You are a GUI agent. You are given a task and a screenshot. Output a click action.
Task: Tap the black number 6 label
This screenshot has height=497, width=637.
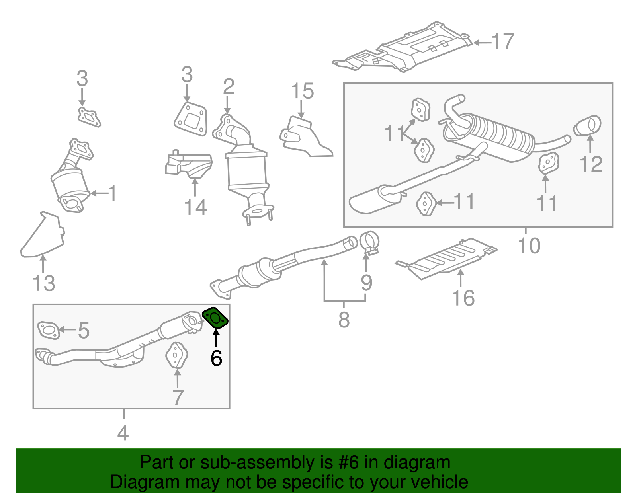pyautogui.click(x=216, y=358)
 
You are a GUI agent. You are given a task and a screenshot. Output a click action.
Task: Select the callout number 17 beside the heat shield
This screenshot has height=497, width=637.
pyautogui.click(x=503, y=42)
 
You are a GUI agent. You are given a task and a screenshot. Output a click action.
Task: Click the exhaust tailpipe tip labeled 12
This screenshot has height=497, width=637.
pyautogui.click(x=587, y=126)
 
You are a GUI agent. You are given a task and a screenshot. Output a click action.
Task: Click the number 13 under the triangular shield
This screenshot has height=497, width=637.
pyautogui.click(x=44, y=284)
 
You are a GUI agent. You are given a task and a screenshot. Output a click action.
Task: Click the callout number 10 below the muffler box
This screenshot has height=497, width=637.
pyautogui.click(x=529, y=246)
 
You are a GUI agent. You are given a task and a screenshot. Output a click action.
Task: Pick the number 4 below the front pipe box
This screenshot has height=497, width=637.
pyautogui.click(x=123, y=433)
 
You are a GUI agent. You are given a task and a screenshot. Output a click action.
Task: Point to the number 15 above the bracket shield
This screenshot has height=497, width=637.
pyautogui.click(x=303, y=91)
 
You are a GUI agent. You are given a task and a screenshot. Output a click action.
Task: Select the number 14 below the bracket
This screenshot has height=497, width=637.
pyautogui.click(x=195, y=207)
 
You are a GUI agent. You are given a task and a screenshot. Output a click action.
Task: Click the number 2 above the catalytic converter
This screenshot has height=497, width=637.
pyautogui.click(x=229, y=87)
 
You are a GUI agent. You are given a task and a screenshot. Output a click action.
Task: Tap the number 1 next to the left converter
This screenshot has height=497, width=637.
pyautogui.click(x=113, y=193)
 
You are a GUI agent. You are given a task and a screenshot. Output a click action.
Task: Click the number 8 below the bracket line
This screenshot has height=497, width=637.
pyautogui.click(x=344, y=319)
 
